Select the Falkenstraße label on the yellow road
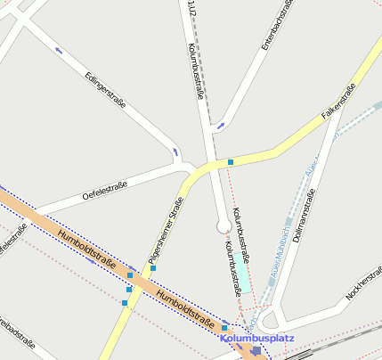(x=338, y=102)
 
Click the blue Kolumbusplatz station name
(x=256, y=339)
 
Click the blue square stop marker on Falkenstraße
(x=231, y=161)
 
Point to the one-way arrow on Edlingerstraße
(x=59, y=50)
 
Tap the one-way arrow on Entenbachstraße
(x=221, y=125)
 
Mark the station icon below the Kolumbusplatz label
(x=256, y=351)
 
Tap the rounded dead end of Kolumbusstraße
(x=224, y=227)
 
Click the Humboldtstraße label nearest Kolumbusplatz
(x=186, y=308)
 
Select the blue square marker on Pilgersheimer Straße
(x=153, y=267)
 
